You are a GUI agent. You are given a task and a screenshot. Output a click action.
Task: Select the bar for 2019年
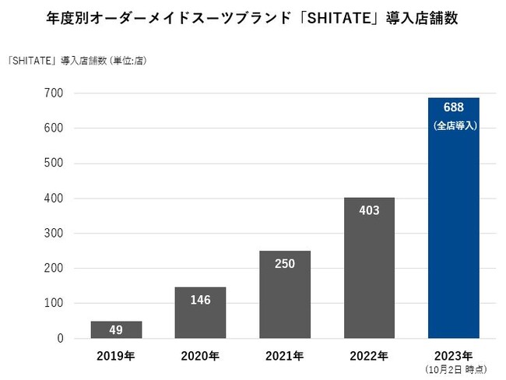tap(116, 330)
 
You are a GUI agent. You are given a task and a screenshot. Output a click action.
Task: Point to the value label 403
tap(369, 209)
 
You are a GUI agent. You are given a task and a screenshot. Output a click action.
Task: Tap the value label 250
tap(284, 262)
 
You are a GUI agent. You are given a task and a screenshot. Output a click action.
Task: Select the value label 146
tap(200, 299)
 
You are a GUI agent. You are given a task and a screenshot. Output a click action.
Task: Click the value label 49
tap(116, 330)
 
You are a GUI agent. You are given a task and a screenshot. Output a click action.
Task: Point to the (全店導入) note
tap(453, 125)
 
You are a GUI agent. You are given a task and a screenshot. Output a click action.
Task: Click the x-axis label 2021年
tap(284, 357)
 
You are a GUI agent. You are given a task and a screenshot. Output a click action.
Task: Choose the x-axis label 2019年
tap(116, 357)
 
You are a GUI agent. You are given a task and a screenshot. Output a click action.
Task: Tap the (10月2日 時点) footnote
tap(453, 369)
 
